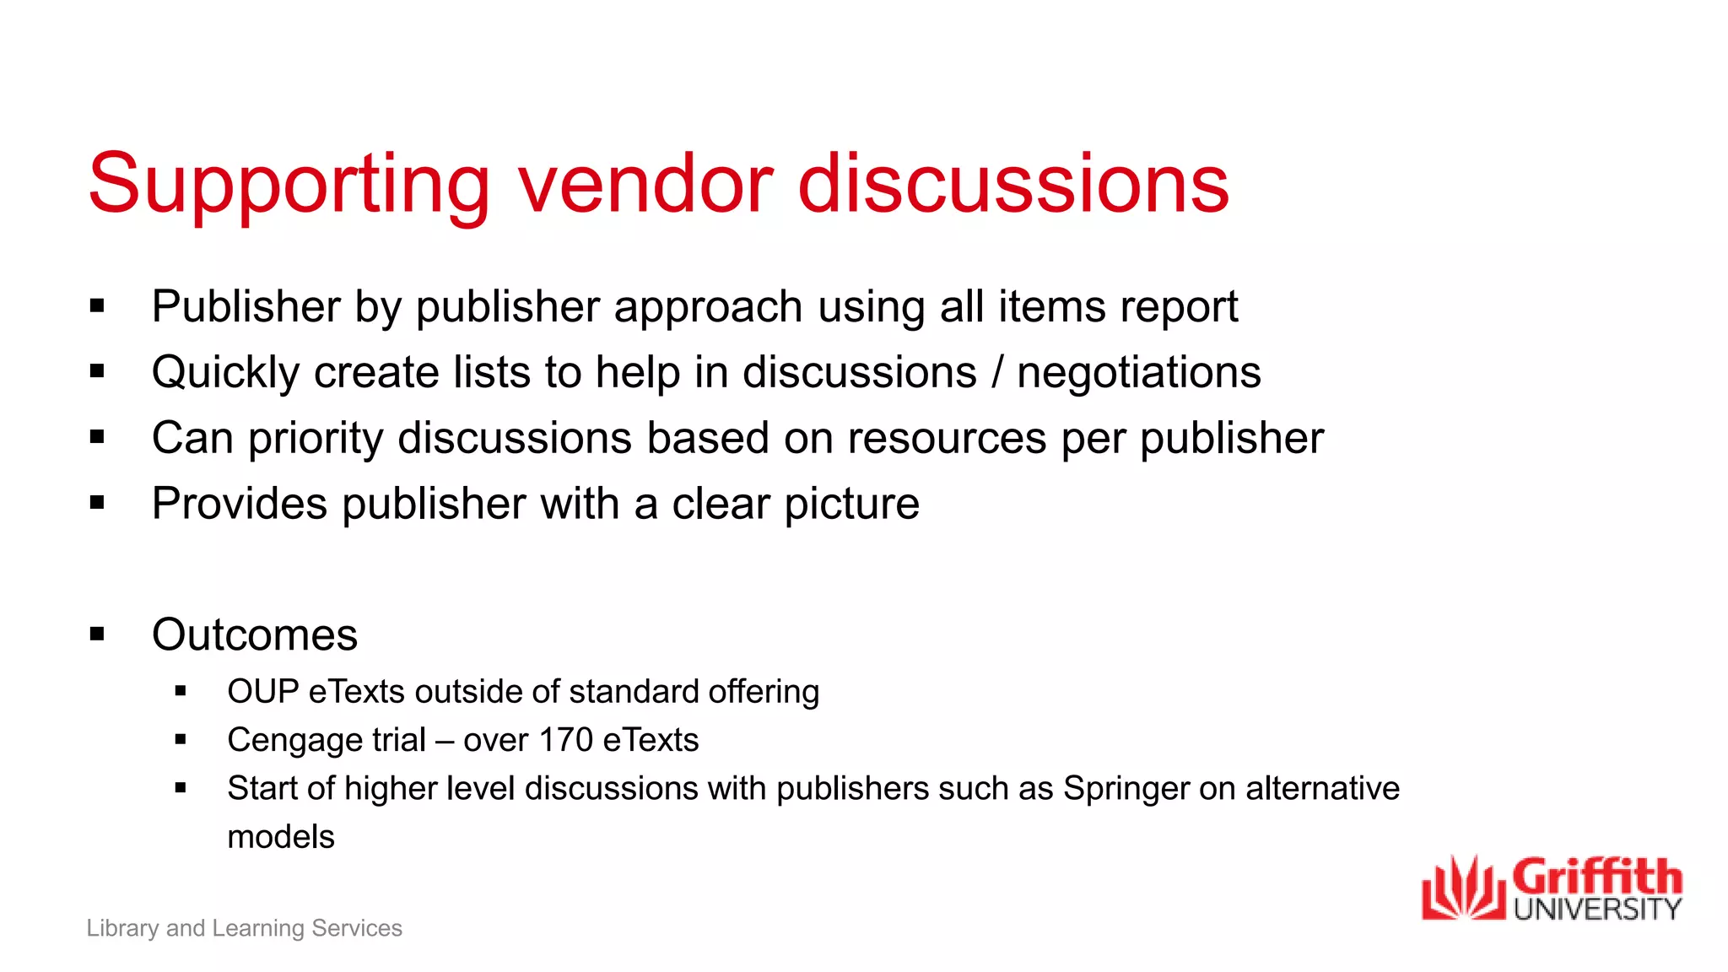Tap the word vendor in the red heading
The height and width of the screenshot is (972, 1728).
pos(645,184)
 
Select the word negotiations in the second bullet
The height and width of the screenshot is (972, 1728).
pos(1138,373)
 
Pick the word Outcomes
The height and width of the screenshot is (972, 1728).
pos(254,634)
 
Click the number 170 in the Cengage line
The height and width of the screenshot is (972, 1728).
pos(565,740)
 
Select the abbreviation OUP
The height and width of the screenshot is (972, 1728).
pos(262,692)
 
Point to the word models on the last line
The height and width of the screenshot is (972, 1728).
pos(281,837)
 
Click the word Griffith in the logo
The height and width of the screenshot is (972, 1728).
pos(1596,877)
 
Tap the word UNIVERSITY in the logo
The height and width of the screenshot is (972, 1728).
pos(1597,910)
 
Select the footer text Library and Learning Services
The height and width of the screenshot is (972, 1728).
pos(244,928)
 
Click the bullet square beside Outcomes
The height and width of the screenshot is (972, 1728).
pos(97,634)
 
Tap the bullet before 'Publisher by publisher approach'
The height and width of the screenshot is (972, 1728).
pos(97,305)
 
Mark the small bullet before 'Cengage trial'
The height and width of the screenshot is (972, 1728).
pos(181,740)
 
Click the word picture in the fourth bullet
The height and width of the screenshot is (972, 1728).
pos(851,505)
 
